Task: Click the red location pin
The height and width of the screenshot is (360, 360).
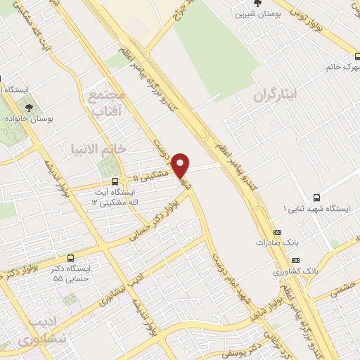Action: pos(181,164)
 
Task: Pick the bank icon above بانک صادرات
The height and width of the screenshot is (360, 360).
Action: pos(276,231)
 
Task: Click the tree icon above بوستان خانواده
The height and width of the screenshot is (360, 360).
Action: pos(29,108)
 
